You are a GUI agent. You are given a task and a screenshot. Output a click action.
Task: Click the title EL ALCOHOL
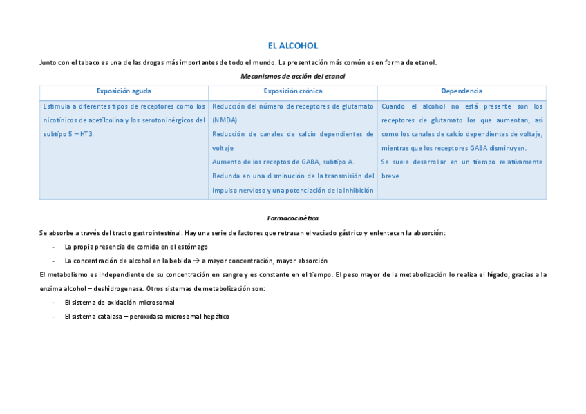click(x=293, y=46)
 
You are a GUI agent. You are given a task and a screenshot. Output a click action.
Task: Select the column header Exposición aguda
click(x=124, y=91)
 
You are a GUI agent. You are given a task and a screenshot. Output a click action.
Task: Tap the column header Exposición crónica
click(x=292, y=91)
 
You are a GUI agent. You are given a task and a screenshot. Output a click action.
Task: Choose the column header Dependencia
click(x=462, y=91)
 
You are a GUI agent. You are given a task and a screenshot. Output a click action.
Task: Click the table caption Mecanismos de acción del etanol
click(x=292, y=76)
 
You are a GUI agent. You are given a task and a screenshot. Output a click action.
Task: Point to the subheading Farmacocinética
click(x=292, y=218)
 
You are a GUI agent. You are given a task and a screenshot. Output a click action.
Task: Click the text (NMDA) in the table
click(x=224, y=120)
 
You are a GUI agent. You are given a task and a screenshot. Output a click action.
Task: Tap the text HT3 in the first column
click(x=86, y=134)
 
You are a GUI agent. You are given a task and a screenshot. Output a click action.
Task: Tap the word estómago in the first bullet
click(x=193, y=247)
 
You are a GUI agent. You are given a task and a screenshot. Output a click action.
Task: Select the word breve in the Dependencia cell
click(x=390, y=176)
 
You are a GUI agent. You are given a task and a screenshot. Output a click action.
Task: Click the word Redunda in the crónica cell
click(x=226, y=176)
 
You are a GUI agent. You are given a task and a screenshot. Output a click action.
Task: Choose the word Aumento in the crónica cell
click(x=225, y=162)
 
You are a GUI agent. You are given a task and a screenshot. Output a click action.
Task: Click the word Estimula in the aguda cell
click(x=56, y=106)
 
